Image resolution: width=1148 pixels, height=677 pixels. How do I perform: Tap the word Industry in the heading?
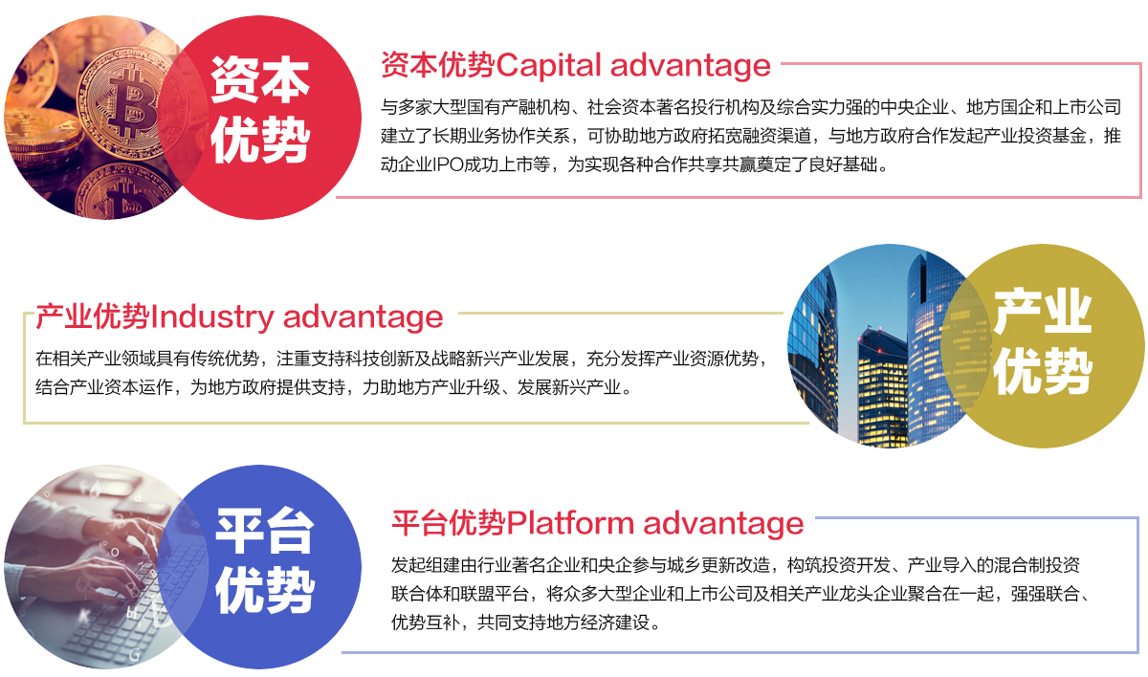click(212, 317)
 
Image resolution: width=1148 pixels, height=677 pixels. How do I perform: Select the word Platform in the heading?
click(570, 523)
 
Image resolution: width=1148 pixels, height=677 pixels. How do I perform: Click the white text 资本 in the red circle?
click(260, 79)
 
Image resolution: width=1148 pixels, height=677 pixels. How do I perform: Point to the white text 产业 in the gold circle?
click(1043, 311)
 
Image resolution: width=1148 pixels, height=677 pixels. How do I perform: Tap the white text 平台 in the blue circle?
click(264, 531)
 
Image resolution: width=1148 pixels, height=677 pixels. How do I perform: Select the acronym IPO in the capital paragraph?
click(449, 164)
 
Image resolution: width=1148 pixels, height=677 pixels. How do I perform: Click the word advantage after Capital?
click(691, 67)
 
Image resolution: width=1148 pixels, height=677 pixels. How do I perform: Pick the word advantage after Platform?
click(723, 524)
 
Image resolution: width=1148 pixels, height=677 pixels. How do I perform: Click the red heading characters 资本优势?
click(438, 65)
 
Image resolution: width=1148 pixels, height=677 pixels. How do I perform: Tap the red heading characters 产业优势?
click(93, 317)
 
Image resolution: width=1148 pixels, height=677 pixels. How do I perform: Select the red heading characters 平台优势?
click(449, 523)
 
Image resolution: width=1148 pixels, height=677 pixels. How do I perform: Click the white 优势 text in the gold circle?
click(1043, 371)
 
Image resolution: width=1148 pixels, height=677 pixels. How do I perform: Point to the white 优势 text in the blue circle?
click(264, 590)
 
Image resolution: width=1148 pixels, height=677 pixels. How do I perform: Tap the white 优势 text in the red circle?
click(260, 140)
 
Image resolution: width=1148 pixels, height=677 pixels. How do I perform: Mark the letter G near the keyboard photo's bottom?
click(134, 654)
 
